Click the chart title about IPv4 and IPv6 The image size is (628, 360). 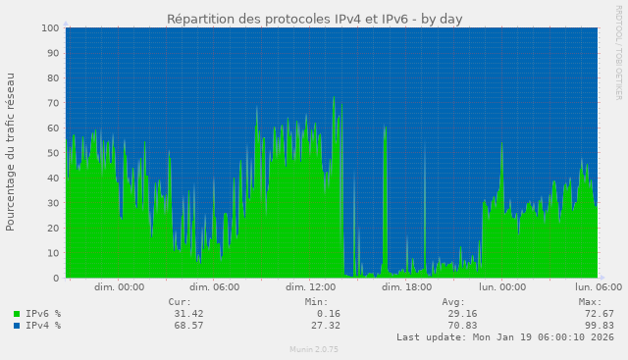(x=314, y=19)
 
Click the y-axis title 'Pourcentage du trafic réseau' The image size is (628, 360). (x=11, y=151)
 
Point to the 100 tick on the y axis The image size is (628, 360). (x=49, y=28)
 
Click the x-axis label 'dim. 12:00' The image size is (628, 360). (x=310, y=287)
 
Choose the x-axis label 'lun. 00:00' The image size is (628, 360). (x=501, y=287)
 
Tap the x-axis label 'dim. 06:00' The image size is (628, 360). (x=214, y=287)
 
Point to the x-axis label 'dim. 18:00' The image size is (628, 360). (x=406, y=287)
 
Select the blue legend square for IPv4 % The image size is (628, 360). (x=17, y=326)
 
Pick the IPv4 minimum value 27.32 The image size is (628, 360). (x=323, y=326)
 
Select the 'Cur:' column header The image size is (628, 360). (x=180, y=302)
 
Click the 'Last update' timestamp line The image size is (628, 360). (x=505, y=337)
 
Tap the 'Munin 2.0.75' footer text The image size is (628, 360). (x=314, y=349)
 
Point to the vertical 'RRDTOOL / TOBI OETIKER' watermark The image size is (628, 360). (x=618, y=51)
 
